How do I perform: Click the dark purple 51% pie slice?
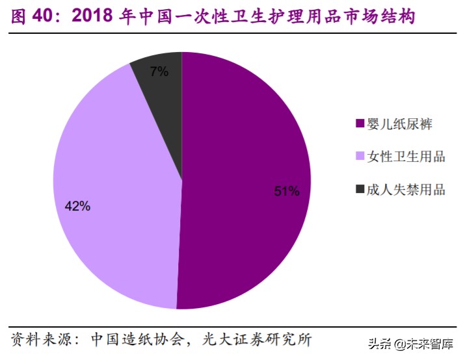point(247,195)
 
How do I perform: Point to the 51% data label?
point(286,191)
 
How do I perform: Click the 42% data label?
point(77,206)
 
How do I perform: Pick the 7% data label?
point(159,72)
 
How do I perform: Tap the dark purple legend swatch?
point(360,123)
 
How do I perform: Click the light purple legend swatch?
point(360,157)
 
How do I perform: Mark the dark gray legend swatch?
point(360,190)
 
